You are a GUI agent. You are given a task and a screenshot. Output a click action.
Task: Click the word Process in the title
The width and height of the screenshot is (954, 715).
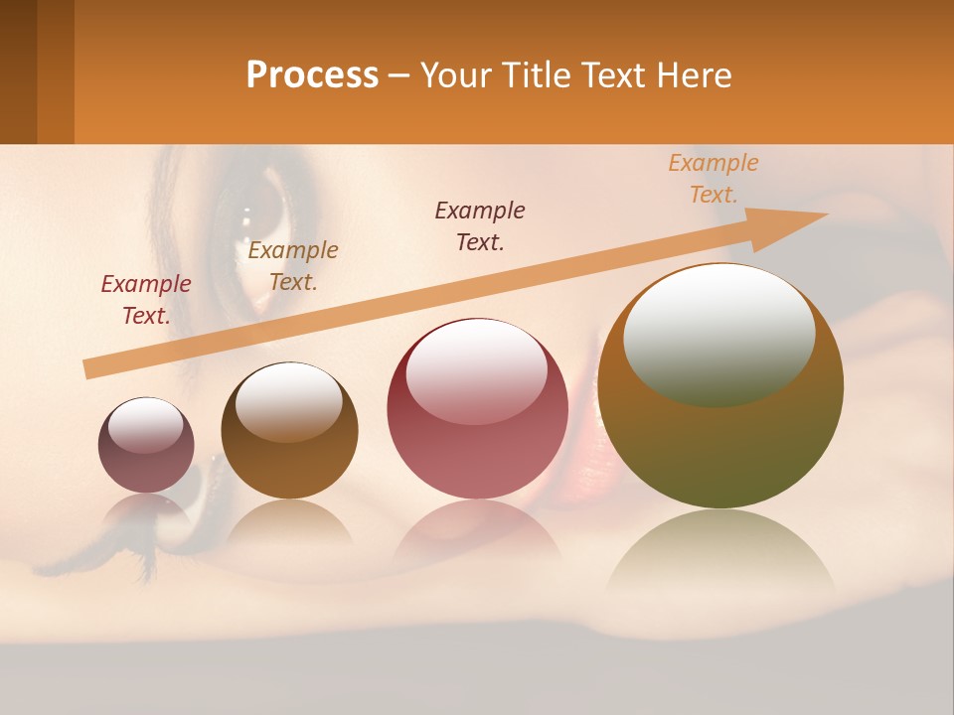[312, 75]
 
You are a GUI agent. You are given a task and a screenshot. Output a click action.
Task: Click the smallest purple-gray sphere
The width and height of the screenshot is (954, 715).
[146, 446]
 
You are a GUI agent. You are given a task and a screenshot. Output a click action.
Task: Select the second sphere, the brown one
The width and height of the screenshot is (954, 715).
[289, 431]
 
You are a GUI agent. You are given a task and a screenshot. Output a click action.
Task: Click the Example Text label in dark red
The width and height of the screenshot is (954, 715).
[146, 300]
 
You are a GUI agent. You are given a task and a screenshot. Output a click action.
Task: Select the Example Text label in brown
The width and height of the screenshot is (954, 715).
[293, 266]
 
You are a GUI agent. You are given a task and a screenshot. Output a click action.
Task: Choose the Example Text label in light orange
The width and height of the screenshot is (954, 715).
[714, 179]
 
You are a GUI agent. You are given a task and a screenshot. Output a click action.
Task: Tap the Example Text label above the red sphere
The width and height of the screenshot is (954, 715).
[480, 225]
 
